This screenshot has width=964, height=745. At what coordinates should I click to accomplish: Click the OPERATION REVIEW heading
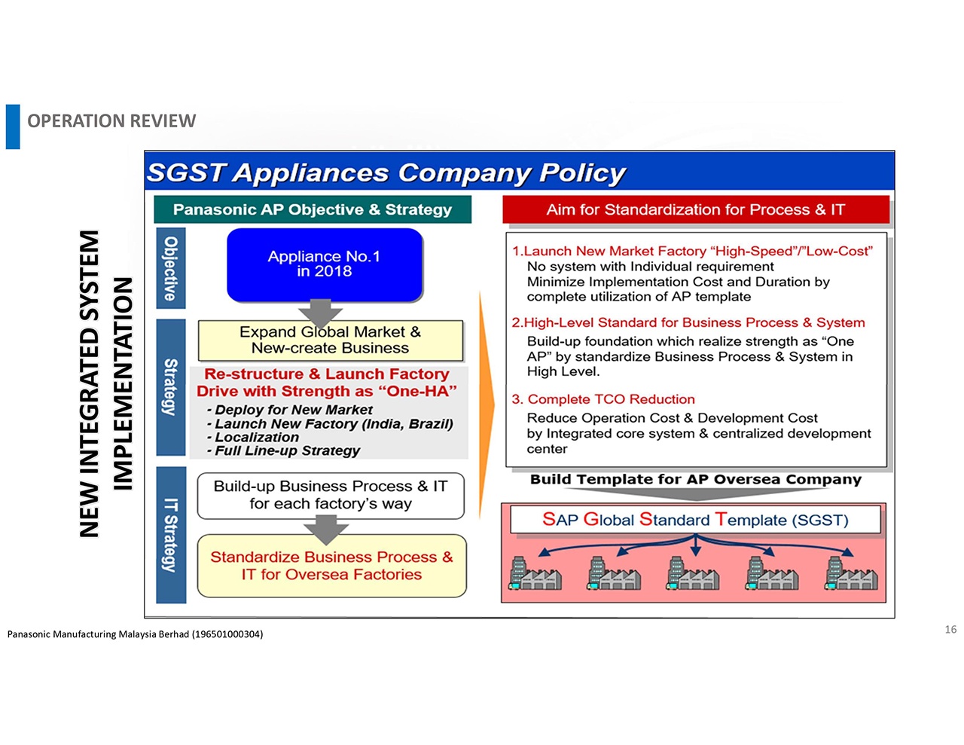111,121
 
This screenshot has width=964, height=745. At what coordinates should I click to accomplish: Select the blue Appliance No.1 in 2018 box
325,264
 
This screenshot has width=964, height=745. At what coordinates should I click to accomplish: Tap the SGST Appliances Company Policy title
386,173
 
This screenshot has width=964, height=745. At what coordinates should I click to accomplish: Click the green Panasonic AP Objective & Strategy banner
312,209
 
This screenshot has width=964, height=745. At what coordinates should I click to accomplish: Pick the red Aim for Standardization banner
695,209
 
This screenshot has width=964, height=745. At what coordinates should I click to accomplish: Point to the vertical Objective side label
171,268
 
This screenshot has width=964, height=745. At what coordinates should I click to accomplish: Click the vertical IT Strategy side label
171,535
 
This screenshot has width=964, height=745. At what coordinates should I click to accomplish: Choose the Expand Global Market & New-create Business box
330,340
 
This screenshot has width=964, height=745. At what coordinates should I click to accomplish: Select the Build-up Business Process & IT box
331,496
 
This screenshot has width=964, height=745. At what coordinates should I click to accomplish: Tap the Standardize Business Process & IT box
331,566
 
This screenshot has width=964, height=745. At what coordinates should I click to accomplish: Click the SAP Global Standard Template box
695,520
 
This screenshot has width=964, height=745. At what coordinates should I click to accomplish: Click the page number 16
950,629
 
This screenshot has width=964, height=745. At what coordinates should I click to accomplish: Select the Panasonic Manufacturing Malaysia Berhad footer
136,634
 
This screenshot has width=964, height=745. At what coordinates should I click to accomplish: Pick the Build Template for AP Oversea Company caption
695,480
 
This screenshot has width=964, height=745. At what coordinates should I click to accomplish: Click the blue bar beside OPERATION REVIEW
13,127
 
